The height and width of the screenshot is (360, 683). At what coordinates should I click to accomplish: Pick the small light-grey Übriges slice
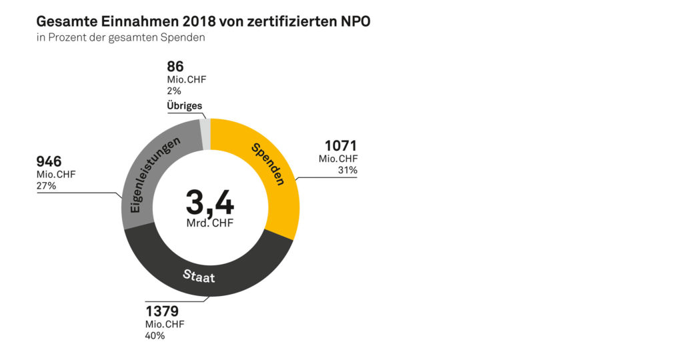[205, 127]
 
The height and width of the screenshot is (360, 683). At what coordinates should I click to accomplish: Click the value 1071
[341, 146]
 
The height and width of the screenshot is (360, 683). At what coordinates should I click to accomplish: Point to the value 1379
[162, 311]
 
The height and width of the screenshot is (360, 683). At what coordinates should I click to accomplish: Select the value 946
[49, 162]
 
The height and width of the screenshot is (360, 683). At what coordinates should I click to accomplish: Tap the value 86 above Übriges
[175, 67]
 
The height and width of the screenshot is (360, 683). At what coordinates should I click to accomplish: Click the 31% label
[348, 171]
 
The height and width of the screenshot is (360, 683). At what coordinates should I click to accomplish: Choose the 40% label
[155, 336]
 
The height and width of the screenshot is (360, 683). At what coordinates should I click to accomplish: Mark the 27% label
[47, 186]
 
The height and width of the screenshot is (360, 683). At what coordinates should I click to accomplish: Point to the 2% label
[174, 91]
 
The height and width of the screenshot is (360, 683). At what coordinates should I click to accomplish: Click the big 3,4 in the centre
[209, 202]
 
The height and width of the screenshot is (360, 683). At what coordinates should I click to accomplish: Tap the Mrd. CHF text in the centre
[209, 223]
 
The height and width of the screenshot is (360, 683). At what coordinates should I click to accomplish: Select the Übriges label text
[184, 106]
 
